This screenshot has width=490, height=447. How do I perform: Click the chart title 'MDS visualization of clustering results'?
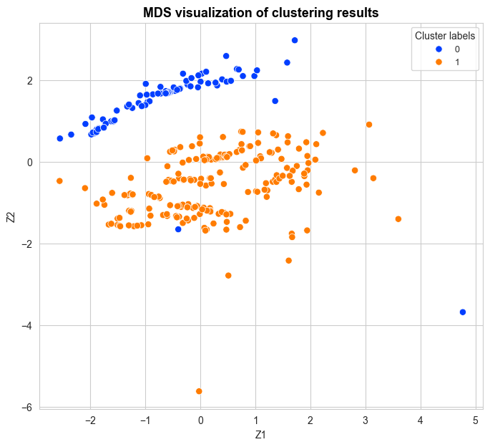[x=260, y=12]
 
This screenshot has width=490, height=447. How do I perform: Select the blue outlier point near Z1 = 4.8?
[x=463, y=312]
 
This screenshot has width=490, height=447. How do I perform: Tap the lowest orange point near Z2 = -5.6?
[x=199, y=391]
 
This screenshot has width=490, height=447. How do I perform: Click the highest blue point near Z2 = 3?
[x=295, y=40]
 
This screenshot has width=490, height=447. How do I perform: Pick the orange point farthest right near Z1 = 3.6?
[x=398, y=219]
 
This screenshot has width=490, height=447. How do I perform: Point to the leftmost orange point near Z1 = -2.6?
[x=59, y=181]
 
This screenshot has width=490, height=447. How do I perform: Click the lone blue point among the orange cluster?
[x=178, y=229]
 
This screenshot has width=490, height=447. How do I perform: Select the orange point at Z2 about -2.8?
[x=228, y=275]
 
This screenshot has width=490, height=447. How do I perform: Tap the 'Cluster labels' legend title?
[x=444, y=35]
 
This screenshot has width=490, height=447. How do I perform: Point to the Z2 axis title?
[x=11, y=216]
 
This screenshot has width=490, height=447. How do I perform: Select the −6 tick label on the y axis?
[x=27, y=408]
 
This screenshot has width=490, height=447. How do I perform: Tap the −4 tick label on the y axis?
[x=27, y=326]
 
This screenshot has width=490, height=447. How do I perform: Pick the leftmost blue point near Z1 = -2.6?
[x=60, y=138]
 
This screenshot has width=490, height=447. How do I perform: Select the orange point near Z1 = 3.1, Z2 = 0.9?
[x=369, y=125]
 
